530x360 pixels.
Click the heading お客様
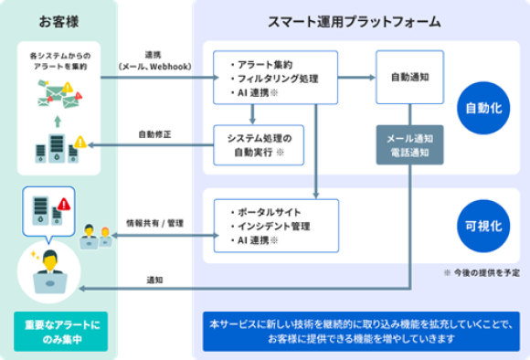(58, 20)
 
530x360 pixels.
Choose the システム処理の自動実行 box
(263, 143)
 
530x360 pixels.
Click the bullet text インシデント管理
(270, 226)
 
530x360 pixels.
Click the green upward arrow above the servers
(57, 120)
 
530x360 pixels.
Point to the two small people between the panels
(96, 235)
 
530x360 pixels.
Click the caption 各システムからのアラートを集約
(57, 61)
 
